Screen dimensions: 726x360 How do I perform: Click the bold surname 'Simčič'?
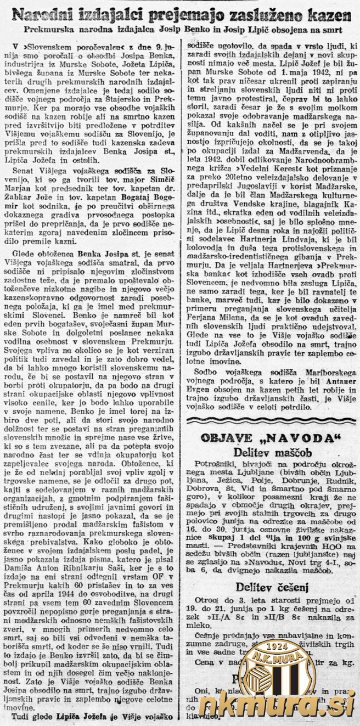click(160, 182)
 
